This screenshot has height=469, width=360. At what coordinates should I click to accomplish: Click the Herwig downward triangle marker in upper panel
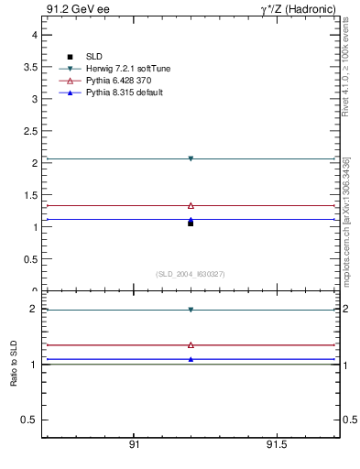191,158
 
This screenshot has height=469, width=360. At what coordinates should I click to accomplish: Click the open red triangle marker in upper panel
191,206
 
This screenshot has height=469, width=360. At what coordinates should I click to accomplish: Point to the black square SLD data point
191,223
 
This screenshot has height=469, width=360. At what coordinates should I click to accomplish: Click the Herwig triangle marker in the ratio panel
191,310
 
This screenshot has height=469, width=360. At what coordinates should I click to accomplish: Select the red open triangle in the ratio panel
191,345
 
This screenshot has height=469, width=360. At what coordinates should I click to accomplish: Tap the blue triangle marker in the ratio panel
191,359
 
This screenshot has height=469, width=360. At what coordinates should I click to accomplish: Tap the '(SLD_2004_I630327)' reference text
190,274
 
